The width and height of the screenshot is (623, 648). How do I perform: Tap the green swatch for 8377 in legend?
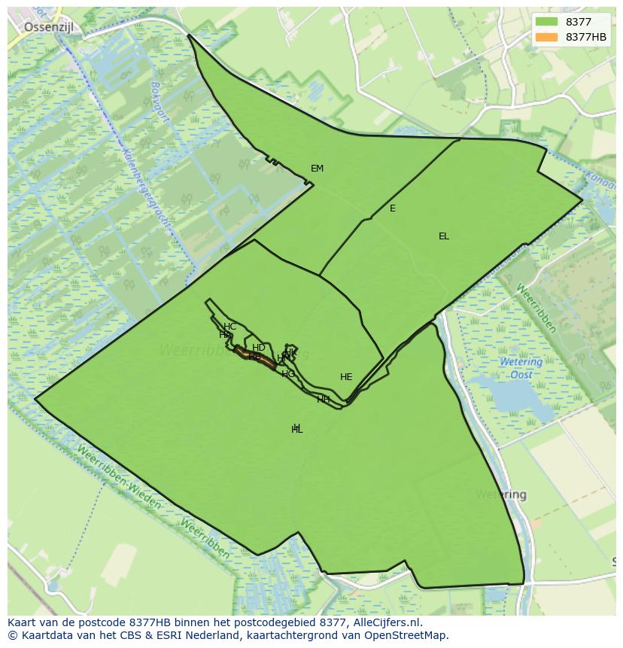click(x=547, y=23)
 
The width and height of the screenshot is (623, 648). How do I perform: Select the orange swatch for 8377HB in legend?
click(x=547, y=37)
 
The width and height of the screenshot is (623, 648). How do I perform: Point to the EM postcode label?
click(x=317, y=169)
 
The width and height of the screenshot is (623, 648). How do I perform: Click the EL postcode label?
click(x=444, y=236)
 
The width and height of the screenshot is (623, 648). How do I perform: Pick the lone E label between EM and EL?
click(x=392, y=208)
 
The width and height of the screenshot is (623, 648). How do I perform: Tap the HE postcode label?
click(x=346, y=377)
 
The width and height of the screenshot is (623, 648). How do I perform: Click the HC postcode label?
click(x=230, y=327)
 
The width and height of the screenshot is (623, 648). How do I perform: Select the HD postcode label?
click(x=258, y=348)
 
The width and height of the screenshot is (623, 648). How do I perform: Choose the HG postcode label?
click(x=288, y=374)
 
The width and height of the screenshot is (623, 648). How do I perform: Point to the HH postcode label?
click(x=324, y=399)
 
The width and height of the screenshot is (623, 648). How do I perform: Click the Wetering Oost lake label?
click(x=521, y=368)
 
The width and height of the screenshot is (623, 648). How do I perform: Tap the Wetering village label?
click(x=500, y=495)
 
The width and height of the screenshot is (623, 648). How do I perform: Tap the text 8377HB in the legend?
click(x=586, y=37)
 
